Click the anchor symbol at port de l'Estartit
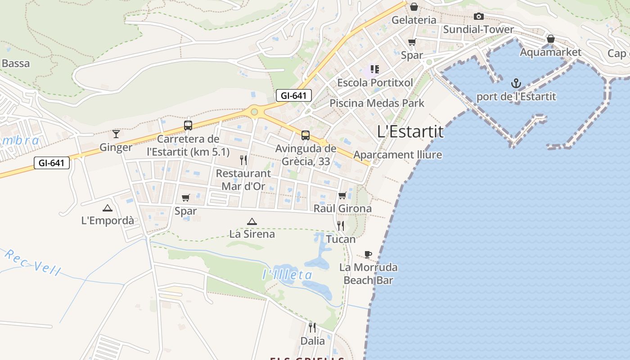(516, 83)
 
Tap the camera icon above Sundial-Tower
(479, 17)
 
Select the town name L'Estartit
(410, 131)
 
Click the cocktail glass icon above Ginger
(116, 134)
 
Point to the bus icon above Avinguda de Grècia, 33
(306, 135)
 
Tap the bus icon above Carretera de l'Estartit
(188, 126)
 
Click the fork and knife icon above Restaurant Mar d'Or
(243, 160)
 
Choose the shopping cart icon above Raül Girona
(342, 195)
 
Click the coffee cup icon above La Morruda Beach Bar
(368, 254)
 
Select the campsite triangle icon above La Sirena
(252, 221)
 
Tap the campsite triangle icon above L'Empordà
(107, 207)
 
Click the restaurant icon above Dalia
(312, 327)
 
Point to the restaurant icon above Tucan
(341, 225)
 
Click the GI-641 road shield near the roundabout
(294, 95)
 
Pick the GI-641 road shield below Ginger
(52, 163)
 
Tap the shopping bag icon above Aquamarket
(550, 39)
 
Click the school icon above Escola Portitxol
(374, 69)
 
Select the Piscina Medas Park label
(377, 103)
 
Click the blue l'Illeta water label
(287, 274)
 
